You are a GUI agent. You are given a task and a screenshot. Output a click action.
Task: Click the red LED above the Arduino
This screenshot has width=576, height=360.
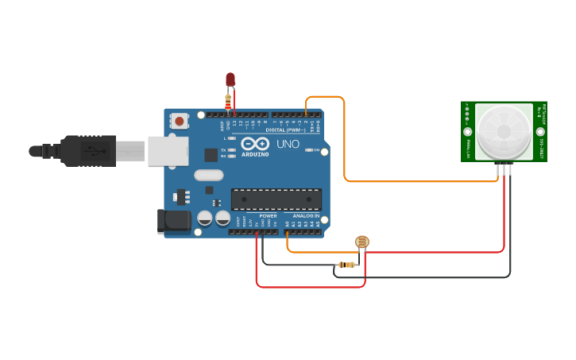click(230, 79)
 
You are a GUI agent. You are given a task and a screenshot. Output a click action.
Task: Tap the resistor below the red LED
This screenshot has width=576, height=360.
click(228, 101)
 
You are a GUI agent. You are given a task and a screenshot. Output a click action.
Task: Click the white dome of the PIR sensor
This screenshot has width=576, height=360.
click(504, 131)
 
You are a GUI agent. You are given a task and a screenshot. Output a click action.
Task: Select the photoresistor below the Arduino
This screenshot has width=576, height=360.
click(361, 242)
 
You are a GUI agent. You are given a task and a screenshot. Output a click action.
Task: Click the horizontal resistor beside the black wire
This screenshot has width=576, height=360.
click(346, 265)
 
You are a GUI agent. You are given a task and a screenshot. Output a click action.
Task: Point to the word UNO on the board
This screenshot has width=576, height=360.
click(288, 144)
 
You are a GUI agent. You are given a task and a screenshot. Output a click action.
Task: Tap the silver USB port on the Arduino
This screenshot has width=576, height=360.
click(168, 151)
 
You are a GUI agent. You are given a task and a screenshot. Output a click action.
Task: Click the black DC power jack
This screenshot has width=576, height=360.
click(175, 221)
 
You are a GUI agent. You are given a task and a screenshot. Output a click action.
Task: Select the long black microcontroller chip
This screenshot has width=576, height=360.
click(276, 199)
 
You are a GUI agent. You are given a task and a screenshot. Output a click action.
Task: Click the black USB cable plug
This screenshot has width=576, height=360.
click(87, 151)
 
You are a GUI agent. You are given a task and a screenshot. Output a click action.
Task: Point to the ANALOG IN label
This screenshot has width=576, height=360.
click(306, 215)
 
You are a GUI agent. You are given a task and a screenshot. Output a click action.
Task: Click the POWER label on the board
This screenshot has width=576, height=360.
click(268, 215)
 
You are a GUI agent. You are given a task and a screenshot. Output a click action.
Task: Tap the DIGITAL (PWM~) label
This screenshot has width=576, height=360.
click(285, 130)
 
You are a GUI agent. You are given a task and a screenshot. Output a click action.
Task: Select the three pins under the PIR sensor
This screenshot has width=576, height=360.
click(504, 168)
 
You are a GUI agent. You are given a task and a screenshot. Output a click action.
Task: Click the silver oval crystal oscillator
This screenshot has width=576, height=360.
click(209, 175)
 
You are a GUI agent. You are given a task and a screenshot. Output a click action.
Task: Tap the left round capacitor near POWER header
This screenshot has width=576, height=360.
click(205, 217)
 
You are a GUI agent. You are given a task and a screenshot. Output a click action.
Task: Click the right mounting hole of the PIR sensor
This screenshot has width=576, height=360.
click(539, 132)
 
